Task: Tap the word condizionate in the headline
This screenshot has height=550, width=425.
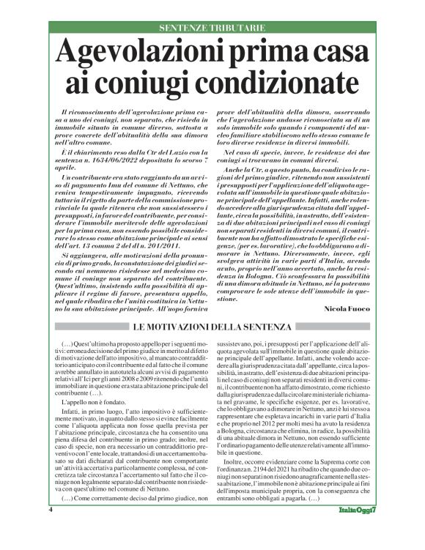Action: click(275, 82)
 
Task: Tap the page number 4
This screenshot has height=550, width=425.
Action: click(51, 529)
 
